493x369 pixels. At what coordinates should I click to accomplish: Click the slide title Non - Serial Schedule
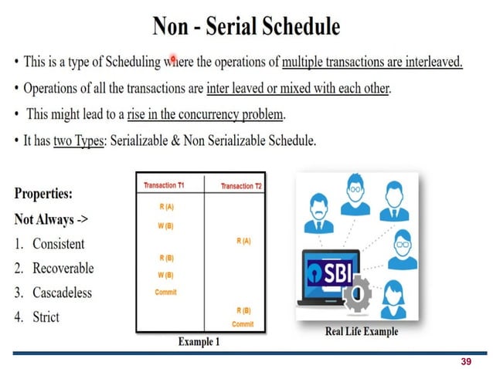246,26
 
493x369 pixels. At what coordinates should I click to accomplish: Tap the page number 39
465,361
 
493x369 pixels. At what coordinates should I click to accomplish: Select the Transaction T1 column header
164,185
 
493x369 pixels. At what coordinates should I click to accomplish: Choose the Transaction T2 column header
242,186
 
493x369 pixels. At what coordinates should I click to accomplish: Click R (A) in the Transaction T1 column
166,206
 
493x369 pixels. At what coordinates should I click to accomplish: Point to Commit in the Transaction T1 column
166,291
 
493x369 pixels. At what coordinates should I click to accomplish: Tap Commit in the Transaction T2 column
243,324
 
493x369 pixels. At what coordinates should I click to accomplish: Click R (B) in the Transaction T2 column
243,310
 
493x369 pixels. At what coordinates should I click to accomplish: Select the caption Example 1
199,341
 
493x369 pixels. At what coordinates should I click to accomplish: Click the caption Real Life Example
362,332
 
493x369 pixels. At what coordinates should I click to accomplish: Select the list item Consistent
59,244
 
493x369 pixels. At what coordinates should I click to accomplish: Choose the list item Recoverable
63,268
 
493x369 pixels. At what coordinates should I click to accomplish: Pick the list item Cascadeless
62,293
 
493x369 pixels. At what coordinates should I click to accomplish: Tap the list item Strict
46,317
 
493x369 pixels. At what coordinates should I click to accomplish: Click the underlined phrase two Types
77,142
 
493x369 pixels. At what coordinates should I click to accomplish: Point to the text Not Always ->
51,219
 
